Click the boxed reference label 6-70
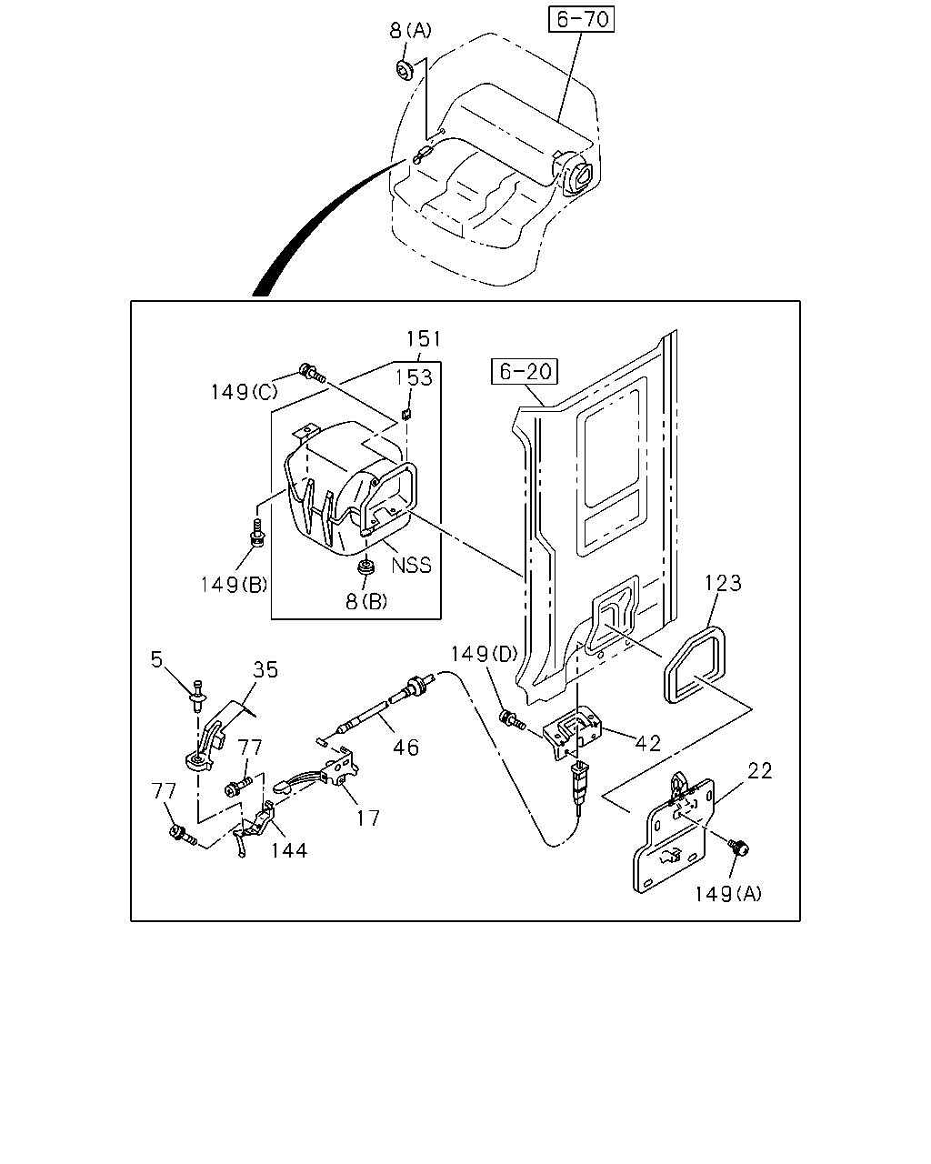tap(581, 19)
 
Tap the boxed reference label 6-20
tap(525, 371)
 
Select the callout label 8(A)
tap(411, 30)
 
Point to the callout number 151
tap(424, 339)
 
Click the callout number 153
tap(414, 377)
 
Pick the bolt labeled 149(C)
tap(312, 372)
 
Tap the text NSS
tap(411, 566)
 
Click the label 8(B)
tap(366, 601)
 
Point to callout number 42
tap(648, 743)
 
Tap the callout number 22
tap(760, 771)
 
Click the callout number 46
tap(405, 748)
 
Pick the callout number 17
tap(368, 818)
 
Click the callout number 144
tap(289, 851)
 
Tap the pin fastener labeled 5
tap(197, 695)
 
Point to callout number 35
tap(265, 669)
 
